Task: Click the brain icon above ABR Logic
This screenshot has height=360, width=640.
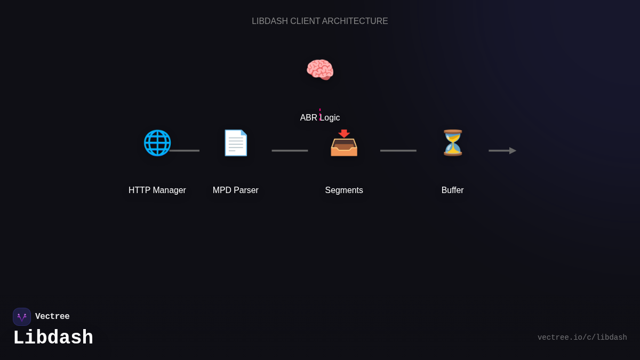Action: click(320, 70)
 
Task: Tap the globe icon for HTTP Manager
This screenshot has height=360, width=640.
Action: click(157, 143)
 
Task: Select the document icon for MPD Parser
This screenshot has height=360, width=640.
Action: click(236, 143)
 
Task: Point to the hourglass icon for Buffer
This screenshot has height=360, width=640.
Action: click(453, 143)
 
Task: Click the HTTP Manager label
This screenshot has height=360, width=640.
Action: click(157, 190)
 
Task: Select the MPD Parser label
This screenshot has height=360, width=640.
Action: click(236, 190)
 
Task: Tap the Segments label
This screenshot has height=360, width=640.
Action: click(344, 190)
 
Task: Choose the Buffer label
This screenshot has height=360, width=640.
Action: click(453, 190)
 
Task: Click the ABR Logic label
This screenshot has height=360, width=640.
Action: click(320, 118)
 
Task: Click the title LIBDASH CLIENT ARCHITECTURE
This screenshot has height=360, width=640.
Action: click(320, 21)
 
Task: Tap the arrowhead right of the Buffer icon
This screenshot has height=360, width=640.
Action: click(512, 151)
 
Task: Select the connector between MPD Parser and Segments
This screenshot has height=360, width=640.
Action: click(290, 151)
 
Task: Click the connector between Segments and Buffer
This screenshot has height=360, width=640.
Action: click(398, 151)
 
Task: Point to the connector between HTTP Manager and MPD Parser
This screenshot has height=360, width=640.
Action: click(185, 151)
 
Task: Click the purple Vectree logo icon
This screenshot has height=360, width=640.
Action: click(22, 317)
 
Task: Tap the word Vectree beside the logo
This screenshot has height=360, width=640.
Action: click(52, 317)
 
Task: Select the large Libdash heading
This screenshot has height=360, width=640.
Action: click(53, 338)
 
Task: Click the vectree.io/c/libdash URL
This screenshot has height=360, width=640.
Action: click(582, 338)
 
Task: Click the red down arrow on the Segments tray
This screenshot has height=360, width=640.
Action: click(344, 134)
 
